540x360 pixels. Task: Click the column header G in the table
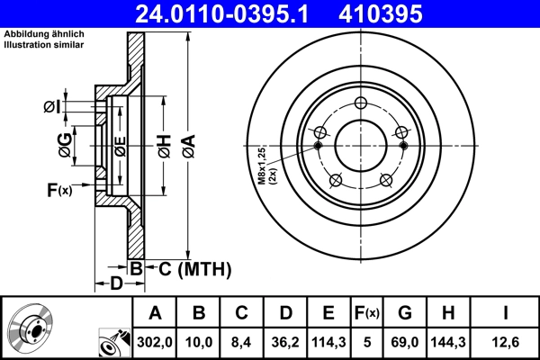coord(404,313)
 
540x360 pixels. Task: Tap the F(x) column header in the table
coord(368,313)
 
